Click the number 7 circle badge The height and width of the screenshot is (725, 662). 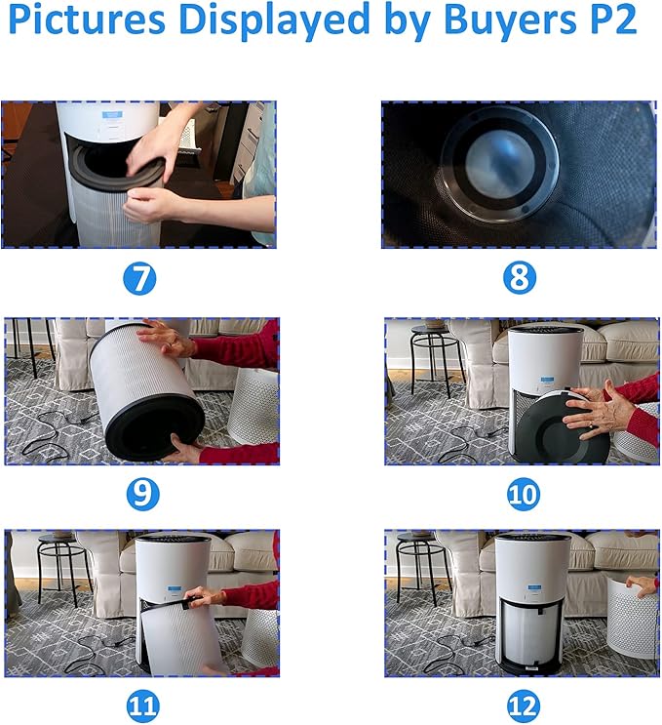(x=139, y=278)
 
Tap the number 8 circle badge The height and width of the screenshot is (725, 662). (x=520, y=278)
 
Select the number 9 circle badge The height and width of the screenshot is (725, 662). (x=142, y=494)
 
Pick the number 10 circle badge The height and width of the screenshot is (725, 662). (x=523, y=494)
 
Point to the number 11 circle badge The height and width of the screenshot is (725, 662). (x=142, y=706)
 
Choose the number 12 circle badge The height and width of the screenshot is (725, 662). (x=523, y=706)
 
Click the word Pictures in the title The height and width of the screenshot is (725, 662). (x=87, y=19)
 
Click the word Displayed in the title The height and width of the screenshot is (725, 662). (x=274, y=21)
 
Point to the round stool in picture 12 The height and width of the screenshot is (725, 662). (x=423, y=569)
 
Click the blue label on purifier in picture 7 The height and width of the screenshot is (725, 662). (x=112, y=114)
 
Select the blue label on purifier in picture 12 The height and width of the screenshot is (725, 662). (x=534, y=587)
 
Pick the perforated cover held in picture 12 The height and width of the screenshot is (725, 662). (x=632, y=618)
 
